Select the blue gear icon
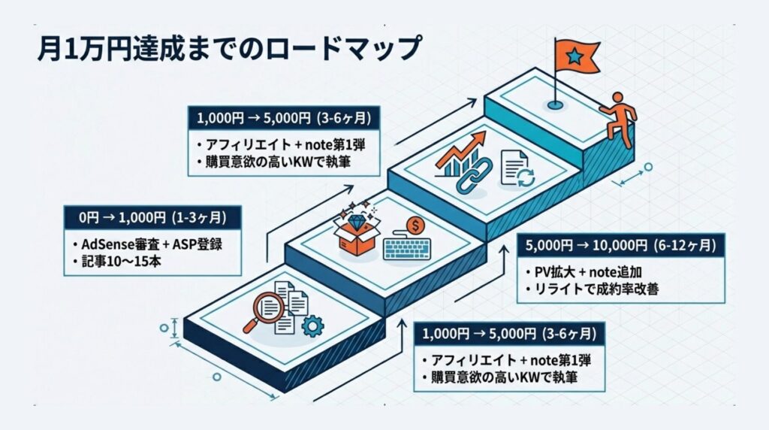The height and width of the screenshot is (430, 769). (311, 325)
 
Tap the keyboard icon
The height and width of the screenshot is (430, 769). (409, 248)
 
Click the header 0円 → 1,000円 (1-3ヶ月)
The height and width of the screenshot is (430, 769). (153, 219)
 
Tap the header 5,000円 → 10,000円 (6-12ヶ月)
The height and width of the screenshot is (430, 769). (621, 245)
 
